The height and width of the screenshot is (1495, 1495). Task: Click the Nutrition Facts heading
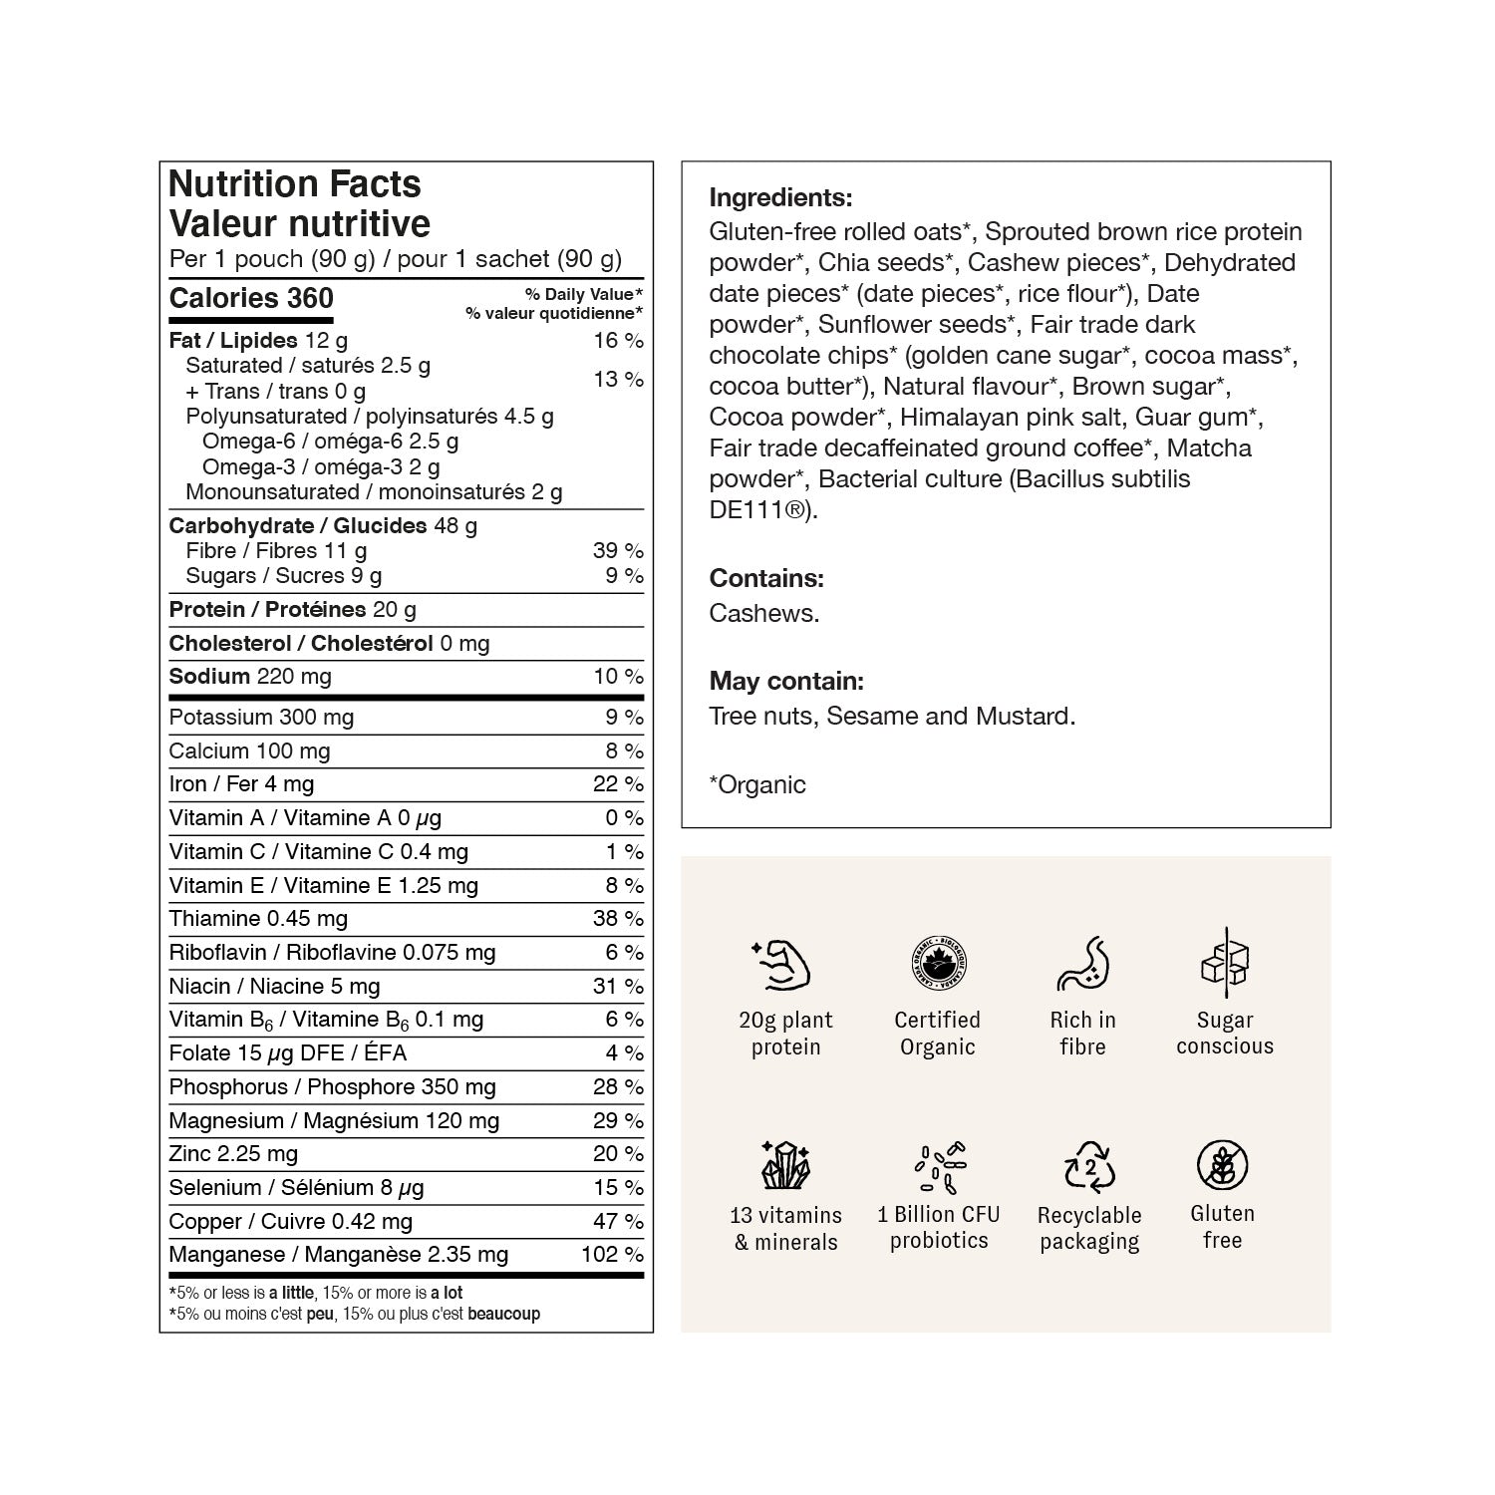pos(295,184)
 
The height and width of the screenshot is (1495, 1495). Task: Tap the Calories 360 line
pos(251,298)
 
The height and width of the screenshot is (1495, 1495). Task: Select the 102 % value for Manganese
pos(612,1254)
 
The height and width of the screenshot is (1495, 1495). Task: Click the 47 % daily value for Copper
pos(618,1221)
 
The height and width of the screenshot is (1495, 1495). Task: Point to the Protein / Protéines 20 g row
pos(293,609)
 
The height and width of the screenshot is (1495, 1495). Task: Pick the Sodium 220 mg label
pos(250,676)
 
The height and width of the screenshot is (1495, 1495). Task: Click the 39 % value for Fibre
pos(618,550)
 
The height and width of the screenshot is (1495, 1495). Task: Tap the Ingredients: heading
pos(780,197)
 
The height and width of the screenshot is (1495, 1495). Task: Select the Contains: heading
pos(766,578)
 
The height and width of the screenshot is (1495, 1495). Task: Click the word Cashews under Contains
pos(763,613)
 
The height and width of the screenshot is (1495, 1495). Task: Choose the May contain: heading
pos(786,681)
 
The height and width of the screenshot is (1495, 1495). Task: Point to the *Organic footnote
pos(757,784)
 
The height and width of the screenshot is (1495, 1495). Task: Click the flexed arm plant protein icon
pos(781,964)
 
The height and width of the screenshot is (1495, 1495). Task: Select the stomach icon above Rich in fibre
pos(1082,964)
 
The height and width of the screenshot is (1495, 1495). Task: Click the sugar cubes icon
pos(1225,962)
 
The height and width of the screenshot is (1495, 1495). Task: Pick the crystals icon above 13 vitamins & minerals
pos(784,1165)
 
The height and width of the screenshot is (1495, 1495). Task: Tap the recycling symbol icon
pos(1088,1166)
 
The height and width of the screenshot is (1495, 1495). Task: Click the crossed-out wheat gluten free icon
pos(1222,1164)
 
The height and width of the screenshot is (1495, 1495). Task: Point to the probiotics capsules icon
pos(939,1166)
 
